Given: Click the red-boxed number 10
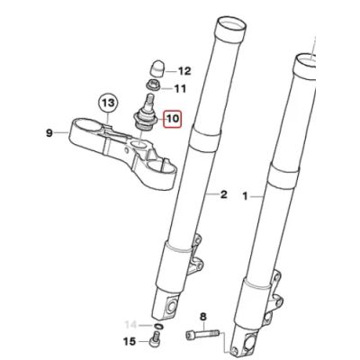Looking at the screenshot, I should [173, 117].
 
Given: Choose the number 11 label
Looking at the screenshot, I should [179, 89].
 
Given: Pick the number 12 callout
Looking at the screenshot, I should [184, 70].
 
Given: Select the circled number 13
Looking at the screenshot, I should [107, 103].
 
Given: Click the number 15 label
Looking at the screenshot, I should [130, 342].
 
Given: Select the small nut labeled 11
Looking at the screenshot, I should [155, 89].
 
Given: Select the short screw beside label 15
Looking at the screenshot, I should [157, 342].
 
